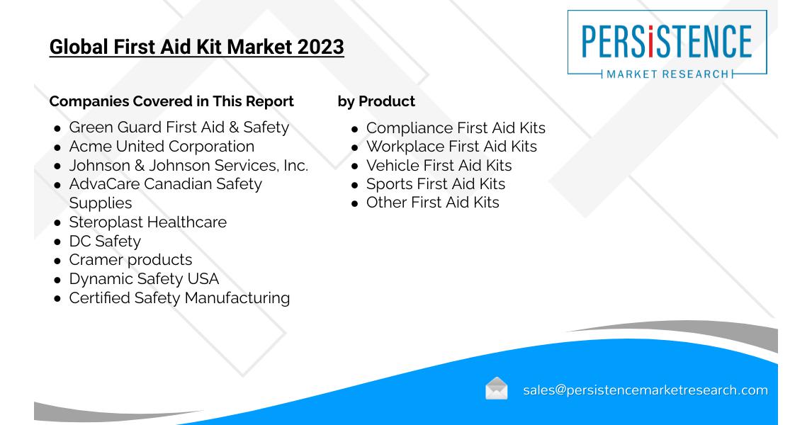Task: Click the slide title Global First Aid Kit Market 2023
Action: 197,47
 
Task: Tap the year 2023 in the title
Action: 320,47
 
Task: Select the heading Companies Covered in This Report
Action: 171,101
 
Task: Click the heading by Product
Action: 376,101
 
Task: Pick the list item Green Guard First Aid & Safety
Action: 179,127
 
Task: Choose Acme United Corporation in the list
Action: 162,147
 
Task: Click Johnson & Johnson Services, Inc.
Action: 188,165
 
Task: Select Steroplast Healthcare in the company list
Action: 147,222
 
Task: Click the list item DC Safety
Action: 105,242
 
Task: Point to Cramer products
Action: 130,260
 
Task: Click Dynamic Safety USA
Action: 144,279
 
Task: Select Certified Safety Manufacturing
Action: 179,298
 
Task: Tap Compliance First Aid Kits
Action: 456,128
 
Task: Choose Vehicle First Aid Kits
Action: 439,165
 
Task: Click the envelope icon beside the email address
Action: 496,388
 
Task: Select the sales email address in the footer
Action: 645,390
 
